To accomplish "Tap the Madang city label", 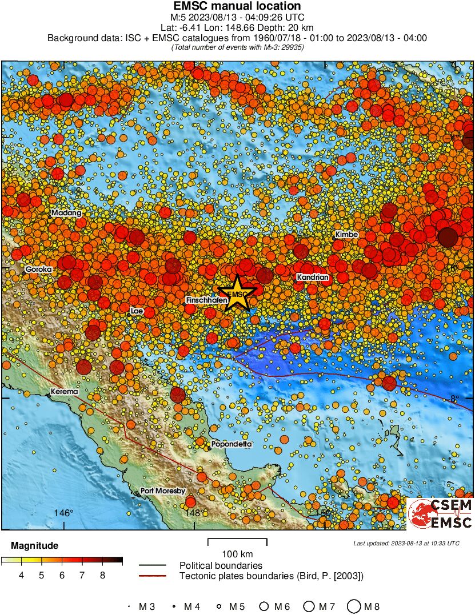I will point(67,213).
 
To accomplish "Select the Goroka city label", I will point(39,268).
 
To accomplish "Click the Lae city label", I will point(137,311).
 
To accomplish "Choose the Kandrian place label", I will point(313,278).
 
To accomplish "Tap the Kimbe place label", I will point(346,235).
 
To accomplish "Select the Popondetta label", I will point(231,444).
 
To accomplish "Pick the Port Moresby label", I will point(163,491).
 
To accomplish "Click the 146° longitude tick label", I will point(64,513).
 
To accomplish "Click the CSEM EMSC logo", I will point(440,514).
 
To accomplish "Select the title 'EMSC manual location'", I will point(237,6).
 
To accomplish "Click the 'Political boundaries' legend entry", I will point(221,565).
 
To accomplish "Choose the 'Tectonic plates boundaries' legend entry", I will point(272,576).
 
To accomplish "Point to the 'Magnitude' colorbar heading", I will point(34,545).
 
